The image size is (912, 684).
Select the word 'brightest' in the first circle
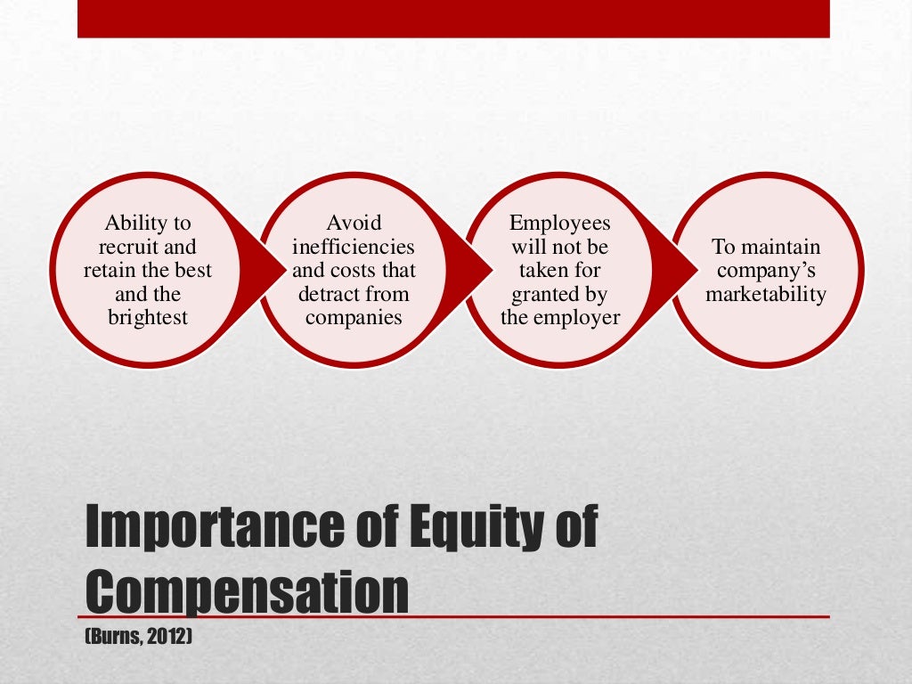pos(148,317)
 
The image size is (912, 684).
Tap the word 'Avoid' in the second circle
pos(354,223)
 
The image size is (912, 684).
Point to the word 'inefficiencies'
pos(354,247)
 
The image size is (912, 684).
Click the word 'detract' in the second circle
pos(330,294)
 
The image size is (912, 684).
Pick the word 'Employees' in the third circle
pos(560,223)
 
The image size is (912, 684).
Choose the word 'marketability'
pos(766,294)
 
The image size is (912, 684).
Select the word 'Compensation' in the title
pos(247,588)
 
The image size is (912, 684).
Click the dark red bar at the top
pos(453,19)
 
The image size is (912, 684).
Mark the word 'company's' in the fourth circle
pos(766,270)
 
